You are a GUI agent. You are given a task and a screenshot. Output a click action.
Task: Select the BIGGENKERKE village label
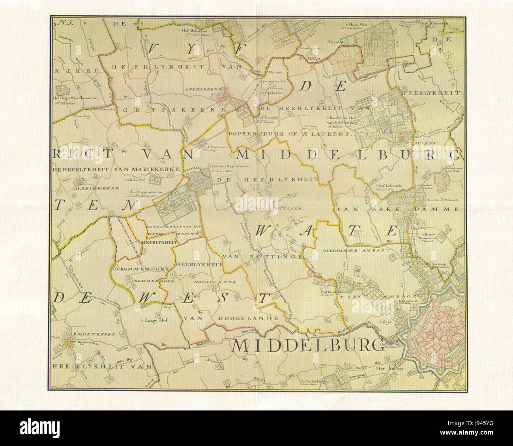coord(84,334)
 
